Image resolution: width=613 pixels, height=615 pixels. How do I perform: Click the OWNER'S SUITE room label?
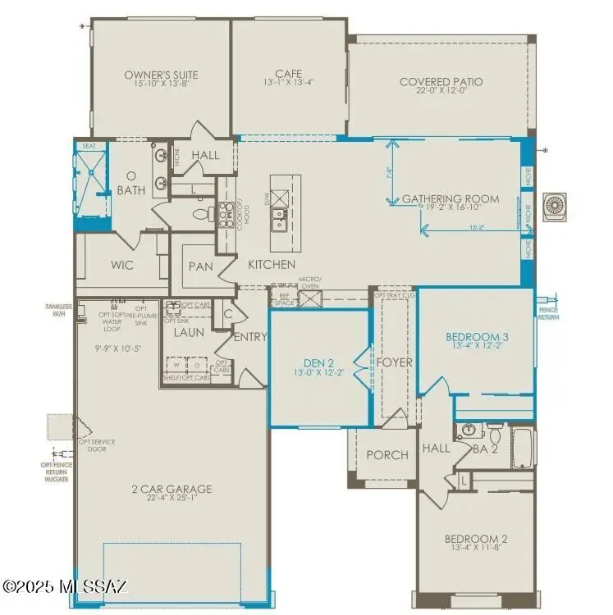coord(161,75)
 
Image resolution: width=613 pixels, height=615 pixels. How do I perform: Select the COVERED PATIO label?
coord(441,82)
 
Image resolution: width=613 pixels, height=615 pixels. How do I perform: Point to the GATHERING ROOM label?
coord(450,198)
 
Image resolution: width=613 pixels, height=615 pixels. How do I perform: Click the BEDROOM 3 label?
coord(477,337)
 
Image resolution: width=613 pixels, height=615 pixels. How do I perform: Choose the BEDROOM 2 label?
coord(476,539)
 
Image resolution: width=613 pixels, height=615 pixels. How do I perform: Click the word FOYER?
coord(394,362)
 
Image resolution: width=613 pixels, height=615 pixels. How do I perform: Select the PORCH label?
coord(387,455)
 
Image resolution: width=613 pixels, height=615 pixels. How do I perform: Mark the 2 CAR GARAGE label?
coord(172,490)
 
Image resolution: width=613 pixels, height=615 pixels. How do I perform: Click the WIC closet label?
coord(121,266)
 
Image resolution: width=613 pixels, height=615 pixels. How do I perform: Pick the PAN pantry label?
coord(201,266)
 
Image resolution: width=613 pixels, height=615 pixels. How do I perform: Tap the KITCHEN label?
coord(272,265)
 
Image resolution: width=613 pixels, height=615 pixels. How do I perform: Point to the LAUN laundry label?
coord(188,333)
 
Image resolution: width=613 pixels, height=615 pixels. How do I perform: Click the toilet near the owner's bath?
coord(199,216)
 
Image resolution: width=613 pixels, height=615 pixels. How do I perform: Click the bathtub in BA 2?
coord(523,447)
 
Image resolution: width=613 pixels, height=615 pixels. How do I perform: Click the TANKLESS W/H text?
coord(59,309)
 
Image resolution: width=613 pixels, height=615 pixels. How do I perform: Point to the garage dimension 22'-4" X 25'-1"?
coord(172,499)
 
